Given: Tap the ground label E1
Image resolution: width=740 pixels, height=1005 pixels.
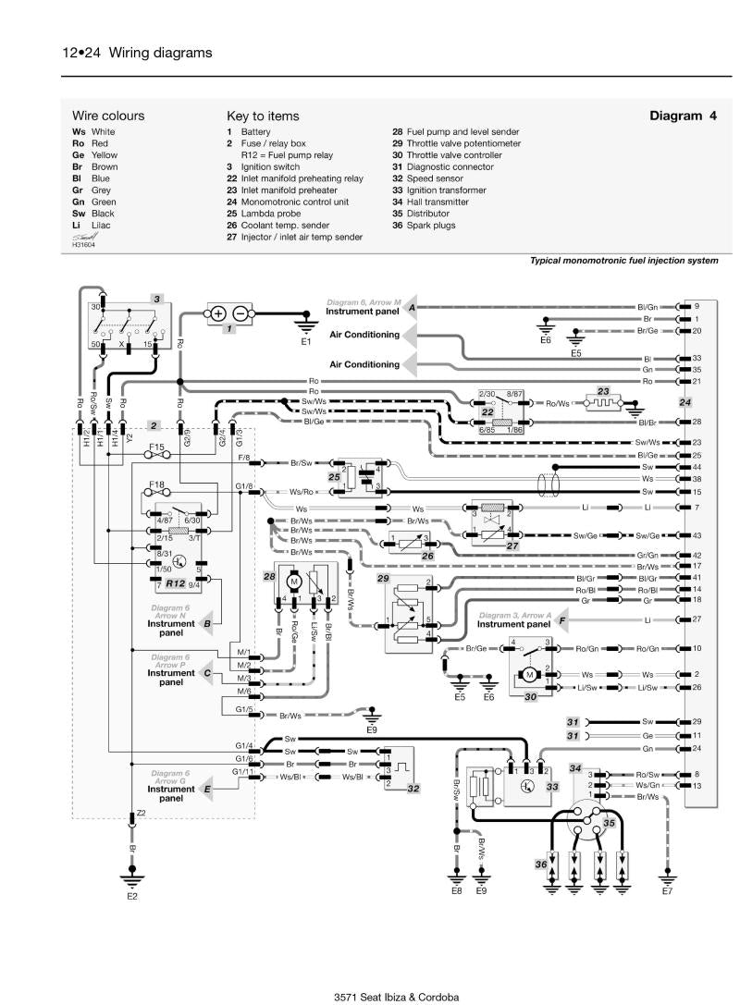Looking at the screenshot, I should pos(306,342).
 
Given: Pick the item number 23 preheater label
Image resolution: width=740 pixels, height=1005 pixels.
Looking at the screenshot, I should pos(604,389).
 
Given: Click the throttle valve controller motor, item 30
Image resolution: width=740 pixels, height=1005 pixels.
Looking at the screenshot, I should pos(530,676).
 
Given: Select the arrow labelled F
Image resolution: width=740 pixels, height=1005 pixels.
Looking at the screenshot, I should pos(561,619).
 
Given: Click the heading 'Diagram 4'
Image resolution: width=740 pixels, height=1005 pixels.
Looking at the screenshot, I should pos(683,116).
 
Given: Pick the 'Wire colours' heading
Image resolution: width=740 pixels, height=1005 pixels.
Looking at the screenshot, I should pos(108,116).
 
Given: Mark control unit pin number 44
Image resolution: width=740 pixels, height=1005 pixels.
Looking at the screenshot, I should pos(697,467).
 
